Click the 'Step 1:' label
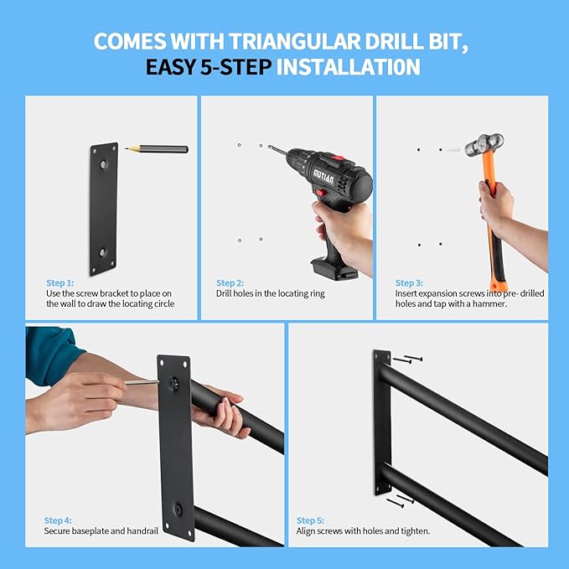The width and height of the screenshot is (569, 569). (x=59, y=283)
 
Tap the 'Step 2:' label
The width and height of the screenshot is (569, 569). (x=230, y=283)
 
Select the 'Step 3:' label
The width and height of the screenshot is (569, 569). (x=409, y=283)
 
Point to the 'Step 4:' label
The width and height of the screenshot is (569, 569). (x=58, y=520)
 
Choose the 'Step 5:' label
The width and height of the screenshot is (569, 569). (x=310, y=520)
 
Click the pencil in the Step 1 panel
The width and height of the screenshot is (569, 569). (x=157, y=149)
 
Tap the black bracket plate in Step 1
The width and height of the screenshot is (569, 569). (x=104, y=208)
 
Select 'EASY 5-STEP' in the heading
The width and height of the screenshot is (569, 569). (x=209, y=66)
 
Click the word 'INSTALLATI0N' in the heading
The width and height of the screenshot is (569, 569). (x=348, y=66)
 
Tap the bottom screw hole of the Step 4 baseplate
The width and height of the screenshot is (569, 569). (x=178, y=509)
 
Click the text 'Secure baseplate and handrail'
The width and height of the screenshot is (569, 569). (x=96, y=531)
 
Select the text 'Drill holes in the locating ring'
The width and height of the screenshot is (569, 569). (x=270, y=294)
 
